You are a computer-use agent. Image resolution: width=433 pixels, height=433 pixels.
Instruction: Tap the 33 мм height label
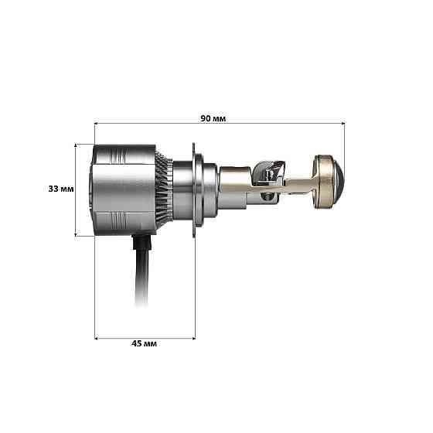pyautogui.click(x=60, y=189)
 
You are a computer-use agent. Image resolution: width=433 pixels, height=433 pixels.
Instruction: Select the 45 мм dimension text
pyautogui.click(x=145, y=343)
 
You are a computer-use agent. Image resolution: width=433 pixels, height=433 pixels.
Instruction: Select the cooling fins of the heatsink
pyautogui.click(x=163, y=189)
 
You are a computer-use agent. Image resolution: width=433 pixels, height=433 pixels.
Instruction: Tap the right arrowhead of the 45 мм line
pyautogui.click(x=193, y=337)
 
